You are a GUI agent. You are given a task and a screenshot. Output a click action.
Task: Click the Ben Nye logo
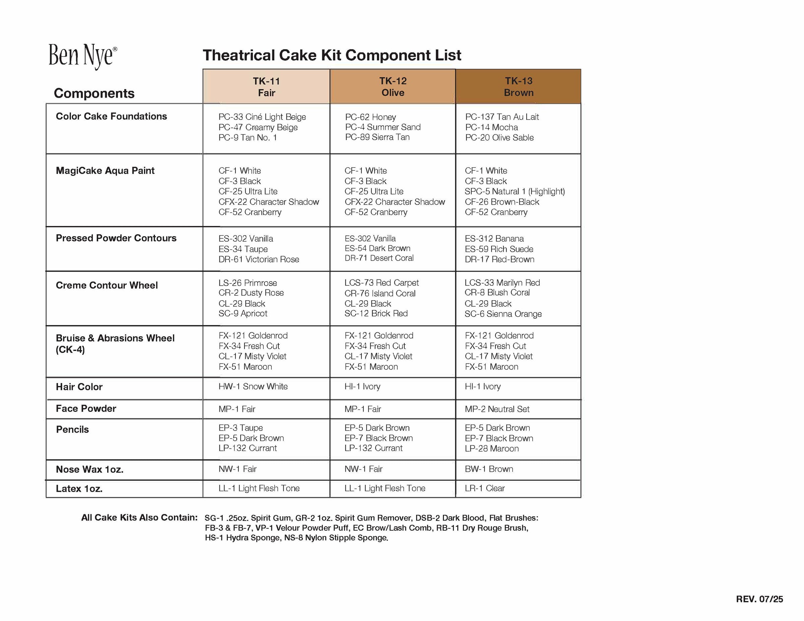82,56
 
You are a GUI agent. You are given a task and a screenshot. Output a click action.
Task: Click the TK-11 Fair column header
266,86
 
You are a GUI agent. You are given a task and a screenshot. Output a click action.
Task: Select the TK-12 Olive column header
393,86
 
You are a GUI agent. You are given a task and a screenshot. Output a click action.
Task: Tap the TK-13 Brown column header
518,86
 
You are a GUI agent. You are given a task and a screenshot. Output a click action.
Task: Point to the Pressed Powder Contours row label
116,238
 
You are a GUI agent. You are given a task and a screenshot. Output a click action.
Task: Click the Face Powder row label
86,408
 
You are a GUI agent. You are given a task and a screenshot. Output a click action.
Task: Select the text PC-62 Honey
370,117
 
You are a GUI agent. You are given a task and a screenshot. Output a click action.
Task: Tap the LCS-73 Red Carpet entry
381,283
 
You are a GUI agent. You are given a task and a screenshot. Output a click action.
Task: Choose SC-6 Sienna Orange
503,314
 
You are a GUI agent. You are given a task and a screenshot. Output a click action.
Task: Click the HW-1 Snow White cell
253,386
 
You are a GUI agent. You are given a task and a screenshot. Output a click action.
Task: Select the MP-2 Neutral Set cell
497,409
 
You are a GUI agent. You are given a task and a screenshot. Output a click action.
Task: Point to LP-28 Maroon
491,449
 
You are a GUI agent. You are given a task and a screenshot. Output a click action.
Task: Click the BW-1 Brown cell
489,469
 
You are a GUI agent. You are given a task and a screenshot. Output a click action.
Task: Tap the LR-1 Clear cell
484,488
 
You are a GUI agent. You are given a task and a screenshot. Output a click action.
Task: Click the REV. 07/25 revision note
759,599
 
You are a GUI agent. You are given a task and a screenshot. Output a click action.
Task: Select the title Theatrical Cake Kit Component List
332,55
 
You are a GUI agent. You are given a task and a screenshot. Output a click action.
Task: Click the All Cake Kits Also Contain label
139,518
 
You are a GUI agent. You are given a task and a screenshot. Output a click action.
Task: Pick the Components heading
94,93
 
